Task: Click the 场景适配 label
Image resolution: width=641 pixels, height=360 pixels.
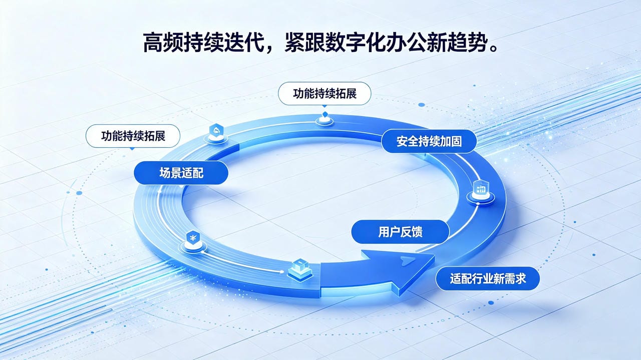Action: [x=181, y=173]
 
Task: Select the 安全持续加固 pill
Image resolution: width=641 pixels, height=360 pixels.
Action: [x=429, y=141]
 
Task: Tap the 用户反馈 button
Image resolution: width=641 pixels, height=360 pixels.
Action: [x=400, y=232]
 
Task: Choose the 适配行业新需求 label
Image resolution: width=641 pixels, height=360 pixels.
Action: [x=488, y=279]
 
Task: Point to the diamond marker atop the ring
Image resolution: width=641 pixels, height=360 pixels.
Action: [x=325, y=115]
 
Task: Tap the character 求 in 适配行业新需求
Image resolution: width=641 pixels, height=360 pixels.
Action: [x=520, y=279]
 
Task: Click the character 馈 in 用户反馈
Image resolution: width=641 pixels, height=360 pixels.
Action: [x=417, y=232]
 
